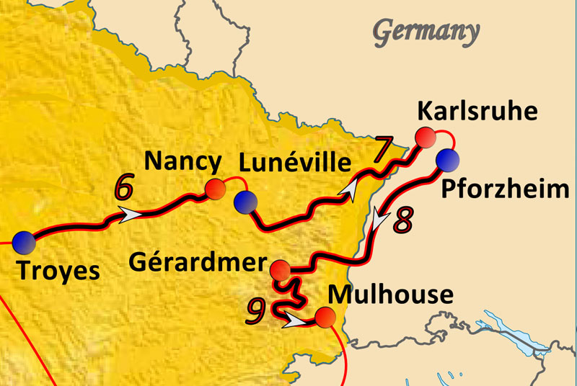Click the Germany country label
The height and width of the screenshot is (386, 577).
[426, 32]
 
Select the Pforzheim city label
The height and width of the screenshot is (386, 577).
[504, 190]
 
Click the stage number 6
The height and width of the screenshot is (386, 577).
[123, 188]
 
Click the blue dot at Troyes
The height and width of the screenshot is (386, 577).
[23, 242]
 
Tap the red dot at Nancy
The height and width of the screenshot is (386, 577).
[215, 188]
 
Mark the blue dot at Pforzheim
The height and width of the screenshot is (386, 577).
[447, 158]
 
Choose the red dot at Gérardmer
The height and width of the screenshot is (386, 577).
[280, 271]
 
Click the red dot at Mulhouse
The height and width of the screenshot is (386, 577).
[325, 317]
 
